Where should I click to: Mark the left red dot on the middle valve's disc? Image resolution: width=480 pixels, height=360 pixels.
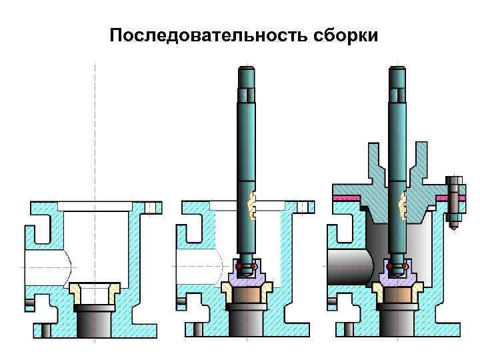(239, 267)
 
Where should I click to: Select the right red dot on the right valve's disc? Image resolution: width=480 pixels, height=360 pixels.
(405, 267)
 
